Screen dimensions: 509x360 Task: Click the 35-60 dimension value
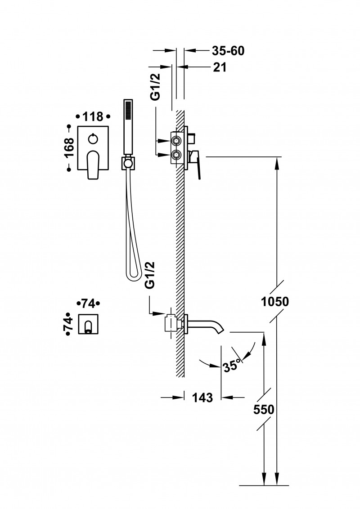[x=228, y=51]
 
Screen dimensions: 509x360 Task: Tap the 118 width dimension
[x=93, y=117]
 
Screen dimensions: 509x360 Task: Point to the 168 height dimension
[x=69, y=147]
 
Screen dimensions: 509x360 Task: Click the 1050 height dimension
[x=274, y=301]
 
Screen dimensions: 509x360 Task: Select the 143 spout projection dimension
[x=202, y=397]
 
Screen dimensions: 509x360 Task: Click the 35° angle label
[x=232, y=365]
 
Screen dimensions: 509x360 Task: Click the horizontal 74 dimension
[x=89, y=304]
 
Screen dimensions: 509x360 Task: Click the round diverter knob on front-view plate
[x=93, y=138]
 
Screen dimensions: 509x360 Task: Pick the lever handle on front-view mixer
[x=93, y=164]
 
